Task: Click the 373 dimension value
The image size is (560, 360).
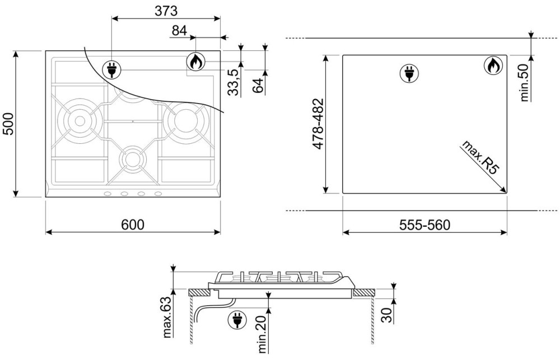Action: click(x=166, y=11)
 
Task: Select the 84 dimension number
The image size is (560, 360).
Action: click(x=179, y=31)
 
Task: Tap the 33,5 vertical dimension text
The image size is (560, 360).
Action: click(x=233, y=82)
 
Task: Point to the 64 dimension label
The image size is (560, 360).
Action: click(x=258, y=85)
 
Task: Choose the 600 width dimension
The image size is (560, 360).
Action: click(x=133, y=225)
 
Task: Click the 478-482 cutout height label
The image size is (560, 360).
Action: click(x=318, y=124)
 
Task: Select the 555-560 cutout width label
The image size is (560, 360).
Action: click(x=424, y=225)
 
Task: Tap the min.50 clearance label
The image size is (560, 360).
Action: click(x=524, y=82)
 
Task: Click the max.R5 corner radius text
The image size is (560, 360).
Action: click(x=480, y=157)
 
